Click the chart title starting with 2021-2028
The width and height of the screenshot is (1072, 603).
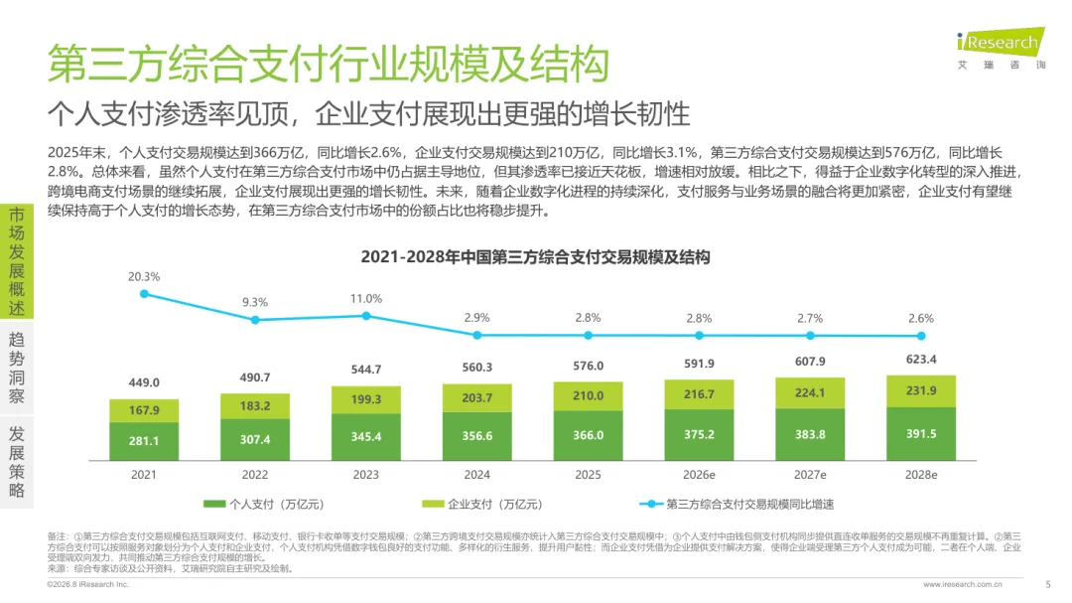[535, 257]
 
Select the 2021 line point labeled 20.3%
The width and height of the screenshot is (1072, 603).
[144, 294]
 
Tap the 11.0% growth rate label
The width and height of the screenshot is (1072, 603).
[365, 299]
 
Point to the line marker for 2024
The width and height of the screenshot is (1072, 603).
[477, 336]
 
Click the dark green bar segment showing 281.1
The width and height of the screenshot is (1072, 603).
[144, 441]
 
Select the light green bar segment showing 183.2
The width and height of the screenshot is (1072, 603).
[255, 406]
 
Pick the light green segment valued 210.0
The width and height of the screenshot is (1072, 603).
[588, 396]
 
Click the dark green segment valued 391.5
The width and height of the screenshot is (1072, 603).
[921, 434]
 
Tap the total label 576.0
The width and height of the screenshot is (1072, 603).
[588, 367]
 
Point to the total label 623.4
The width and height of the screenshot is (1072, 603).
[921, 360]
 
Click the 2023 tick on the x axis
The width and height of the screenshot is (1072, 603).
[365, 475]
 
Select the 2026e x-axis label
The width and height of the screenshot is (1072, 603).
[699, 475]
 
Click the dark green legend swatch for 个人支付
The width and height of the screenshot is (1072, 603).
[214, 505]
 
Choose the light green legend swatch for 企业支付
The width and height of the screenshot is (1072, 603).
[433, 505]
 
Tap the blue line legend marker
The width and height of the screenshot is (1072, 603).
[651, 505]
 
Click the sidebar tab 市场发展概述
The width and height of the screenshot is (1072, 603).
[17, 261]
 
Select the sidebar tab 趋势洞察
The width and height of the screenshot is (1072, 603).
[17, 368]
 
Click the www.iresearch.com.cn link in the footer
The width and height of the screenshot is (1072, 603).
[963, 584]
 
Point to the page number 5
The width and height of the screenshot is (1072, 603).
[1048, 584]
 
